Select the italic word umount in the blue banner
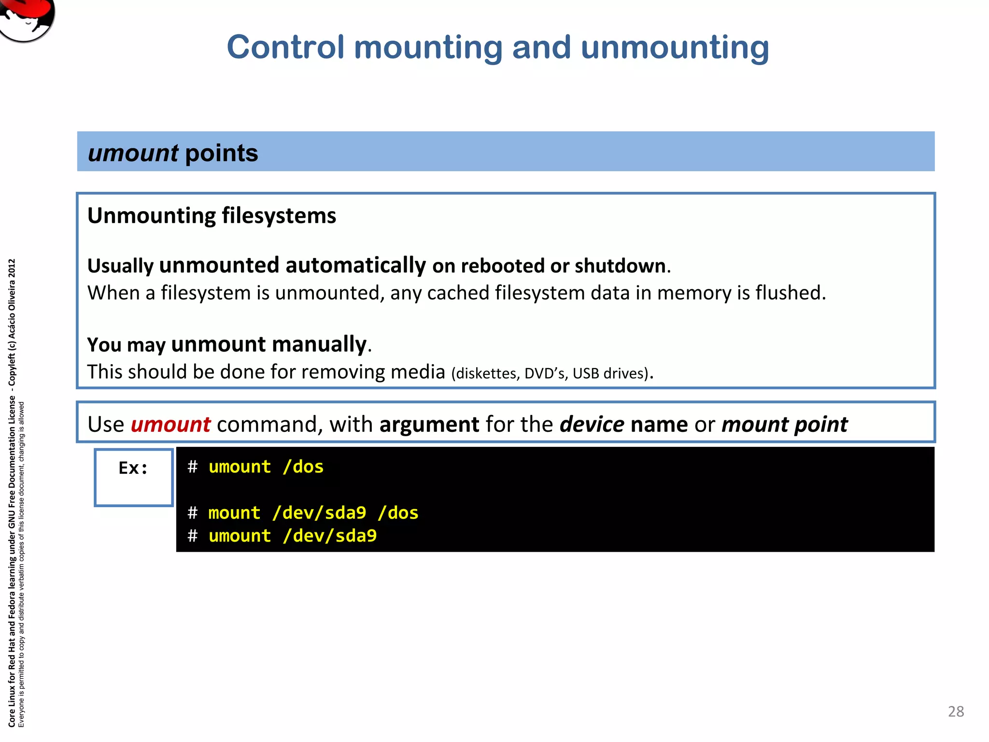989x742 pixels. click(133, 153)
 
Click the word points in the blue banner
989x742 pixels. click(222, 153)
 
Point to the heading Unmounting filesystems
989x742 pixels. click(212, 215)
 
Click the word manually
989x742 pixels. click(319, 344)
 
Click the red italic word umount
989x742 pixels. click(170, 424)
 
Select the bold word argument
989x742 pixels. click(429, 424)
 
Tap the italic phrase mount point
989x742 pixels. click(784, 424)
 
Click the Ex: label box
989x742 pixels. click(133, 477)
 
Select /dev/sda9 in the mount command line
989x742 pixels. click(319, 513)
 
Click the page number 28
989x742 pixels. click(956, 711)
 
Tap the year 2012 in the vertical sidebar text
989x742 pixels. click(12, 269)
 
